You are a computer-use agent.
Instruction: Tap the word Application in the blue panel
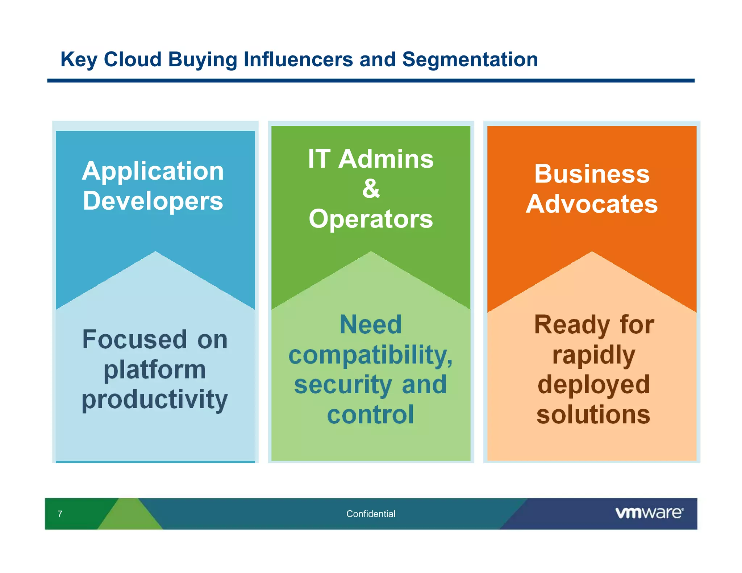(153, 171)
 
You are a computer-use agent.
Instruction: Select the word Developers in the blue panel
(153, 201)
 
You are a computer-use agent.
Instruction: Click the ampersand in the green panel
(371, 189)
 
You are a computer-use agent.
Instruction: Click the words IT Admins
(371, 159)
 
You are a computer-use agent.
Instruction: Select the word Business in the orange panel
(592, 174)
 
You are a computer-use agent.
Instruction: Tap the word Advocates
(592, 204)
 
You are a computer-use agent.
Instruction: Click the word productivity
(155, 400)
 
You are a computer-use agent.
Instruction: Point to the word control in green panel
(370, 415)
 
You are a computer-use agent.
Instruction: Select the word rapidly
(594, 355)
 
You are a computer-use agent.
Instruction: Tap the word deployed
(594, 385)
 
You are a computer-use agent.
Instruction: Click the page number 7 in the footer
(60, 514)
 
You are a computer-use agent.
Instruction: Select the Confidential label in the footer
(371, 514)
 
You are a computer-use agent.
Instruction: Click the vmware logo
(649, 513)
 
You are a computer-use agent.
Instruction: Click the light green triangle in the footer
(130, 516)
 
